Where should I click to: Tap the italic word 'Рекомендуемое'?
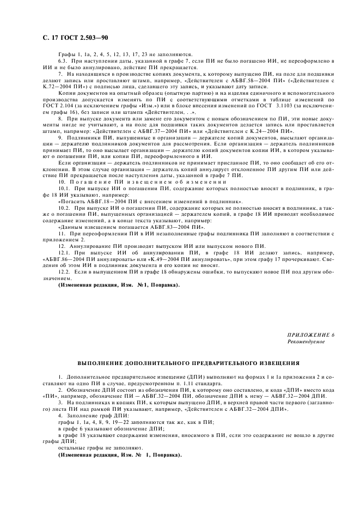click(306, 341)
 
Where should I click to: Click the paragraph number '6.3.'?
click(63, 63)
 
